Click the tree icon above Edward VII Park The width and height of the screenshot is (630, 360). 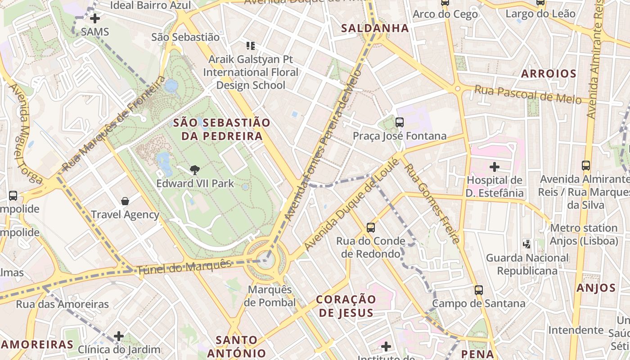[x=195, y=170]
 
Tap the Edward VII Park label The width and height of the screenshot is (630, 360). [x=195, y=183]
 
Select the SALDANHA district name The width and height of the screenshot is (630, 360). [x=375, y=28]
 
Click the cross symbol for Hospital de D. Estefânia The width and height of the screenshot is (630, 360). [x=495, y=167]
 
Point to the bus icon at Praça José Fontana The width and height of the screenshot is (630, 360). [x=399, y=122]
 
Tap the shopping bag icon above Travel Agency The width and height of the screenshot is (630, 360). [x=125, y=201]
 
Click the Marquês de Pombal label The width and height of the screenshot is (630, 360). [x=270, y=296]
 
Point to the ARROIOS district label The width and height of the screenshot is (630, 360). [x=549, y=74]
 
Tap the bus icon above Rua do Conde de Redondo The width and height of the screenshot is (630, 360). [x=371, y=228]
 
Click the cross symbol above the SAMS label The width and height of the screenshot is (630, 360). [x=95, y=18]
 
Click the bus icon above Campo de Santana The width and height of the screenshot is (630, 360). [x=479, y=290]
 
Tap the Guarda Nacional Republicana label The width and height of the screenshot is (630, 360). [x=527, y=264]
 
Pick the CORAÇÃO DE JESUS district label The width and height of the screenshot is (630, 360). [x=346, y=306]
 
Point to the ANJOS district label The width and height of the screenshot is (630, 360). [x=596, y=288]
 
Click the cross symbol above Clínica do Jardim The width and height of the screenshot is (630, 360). [x=119, y=336]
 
